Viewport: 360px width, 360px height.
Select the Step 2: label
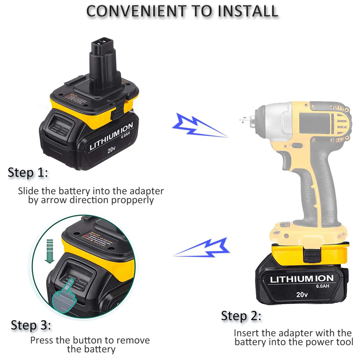(241, 316)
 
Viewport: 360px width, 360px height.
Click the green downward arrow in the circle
(50, 252)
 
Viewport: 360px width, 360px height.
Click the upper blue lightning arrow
(198, 125)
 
